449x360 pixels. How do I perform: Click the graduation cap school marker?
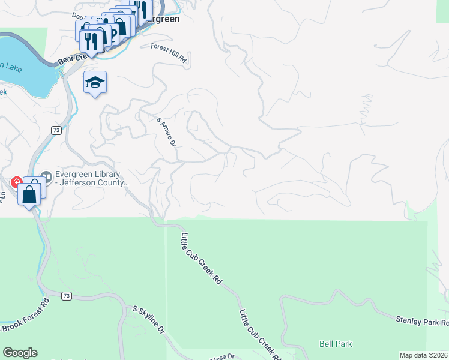[x=95, y=82]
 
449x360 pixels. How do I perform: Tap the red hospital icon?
[x=16, y=181]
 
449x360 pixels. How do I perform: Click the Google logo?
[x=20, y=353]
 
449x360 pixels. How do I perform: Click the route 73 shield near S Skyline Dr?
[x=67, y=295]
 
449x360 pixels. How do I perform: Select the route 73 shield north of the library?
[x=56, y=130]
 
